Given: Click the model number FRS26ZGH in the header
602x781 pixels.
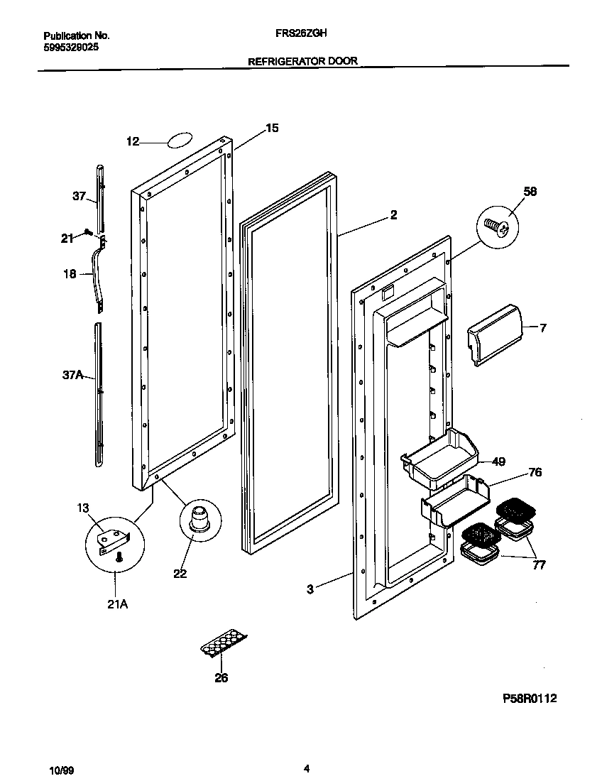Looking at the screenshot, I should pos(300,33).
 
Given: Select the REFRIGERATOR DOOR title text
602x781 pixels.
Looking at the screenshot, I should pos(302,62).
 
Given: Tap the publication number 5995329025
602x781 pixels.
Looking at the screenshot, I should pos(71,47).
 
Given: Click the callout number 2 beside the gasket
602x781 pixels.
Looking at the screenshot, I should pos(393,215).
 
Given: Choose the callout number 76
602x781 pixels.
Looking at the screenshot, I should pos(535,472).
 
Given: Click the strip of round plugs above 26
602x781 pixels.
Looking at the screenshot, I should pos(223,644).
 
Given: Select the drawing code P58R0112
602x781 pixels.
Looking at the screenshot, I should pos(530,698).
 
